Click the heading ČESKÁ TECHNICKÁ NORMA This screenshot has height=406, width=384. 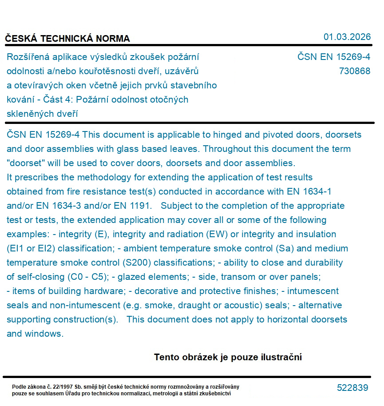(x=67, y=39)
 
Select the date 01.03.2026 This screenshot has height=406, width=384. (x=347, y=37)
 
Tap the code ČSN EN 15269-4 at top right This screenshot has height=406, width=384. (x=333, y=57)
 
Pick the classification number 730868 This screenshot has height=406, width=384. (x=354, y=71)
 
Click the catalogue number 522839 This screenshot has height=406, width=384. (x=352, y=388)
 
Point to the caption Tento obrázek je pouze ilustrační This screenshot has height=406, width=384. (x=228, y=357)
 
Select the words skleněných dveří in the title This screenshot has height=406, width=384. (x=43, y=114)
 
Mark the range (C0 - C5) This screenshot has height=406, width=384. (x=88, y=277)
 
